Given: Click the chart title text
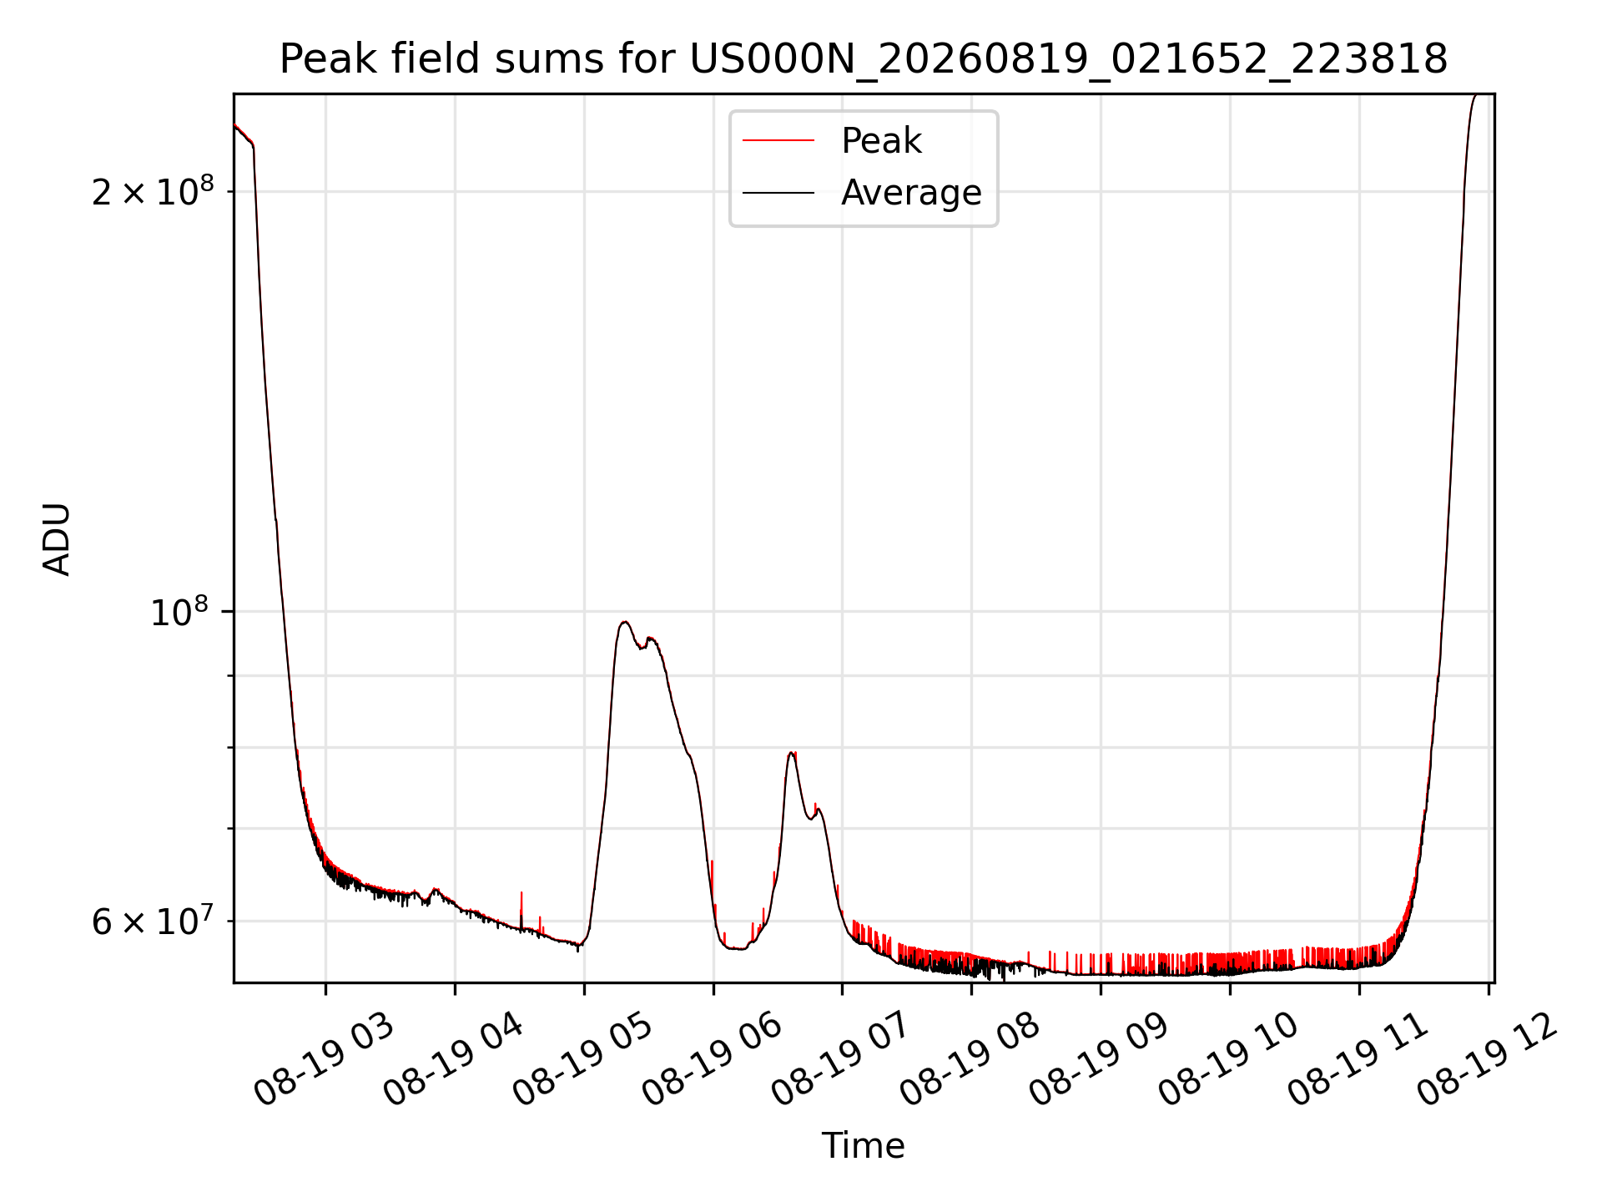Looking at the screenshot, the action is click(864, 59).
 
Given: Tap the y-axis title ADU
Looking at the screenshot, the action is click(57, 538).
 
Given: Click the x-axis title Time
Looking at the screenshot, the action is click(864, 1146).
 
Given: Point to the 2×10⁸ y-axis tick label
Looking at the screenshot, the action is click(153, 191).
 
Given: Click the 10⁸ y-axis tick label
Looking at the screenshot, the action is click(179, 611).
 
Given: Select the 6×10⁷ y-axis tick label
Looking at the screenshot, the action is click(153, 922).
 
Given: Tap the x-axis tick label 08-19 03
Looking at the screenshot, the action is click(325, 1058).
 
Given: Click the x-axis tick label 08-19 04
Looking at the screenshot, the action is click(454, 1058).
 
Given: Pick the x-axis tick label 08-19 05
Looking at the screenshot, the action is click(583, 1058).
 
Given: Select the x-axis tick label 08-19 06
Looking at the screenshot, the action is click(713, 1058).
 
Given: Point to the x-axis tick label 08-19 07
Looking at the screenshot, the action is click(841, 1058).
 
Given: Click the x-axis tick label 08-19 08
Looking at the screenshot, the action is click(970, 1058).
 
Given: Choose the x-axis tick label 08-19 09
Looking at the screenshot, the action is click(1100, 1058).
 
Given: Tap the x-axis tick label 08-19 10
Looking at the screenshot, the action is click(1229, 1058).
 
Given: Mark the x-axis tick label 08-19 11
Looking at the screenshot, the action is click(1358, 1058).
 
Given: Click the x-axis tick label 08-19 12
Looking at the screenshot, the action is click(1488, 1058).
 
